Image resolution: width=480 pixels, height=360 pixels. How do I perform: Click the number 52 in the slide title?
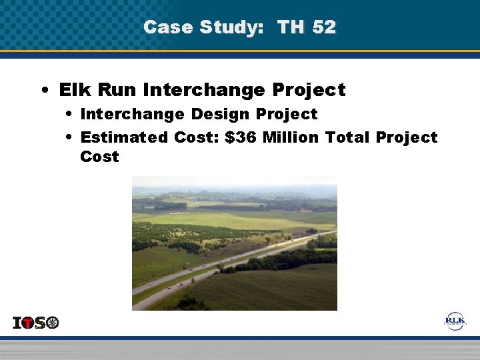coord(324,27)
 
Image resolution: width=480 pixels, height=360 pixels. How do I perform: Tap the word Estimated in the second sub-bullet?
coord(124,137)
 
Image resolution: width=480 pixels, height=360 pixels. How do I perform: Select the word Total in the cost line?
coord(349,137)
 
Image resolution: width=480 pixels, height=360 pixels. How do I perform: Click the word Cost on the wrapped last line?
coord(99,157)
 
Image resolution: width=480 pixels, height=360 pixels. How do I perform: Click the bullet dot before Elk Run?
coord(43,90)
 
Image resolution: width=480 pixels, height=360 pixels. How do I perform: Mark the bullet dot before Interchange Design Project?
coord(70,115)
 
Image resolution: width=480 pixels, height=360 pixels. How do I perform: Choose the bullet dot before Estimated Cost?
coord(70,138)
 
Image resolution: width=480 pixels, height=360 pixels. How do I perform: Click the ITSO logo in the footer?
coord(36,323)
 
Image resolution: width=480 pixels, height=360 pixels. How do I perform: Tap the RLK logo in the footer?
coord(455,321)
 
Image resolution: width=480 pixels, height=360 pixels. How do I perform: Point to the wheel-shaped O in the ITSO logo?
coord(52,323)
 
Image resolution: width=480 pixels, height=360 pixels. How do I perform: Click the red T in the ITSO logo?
coord(27,323)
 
